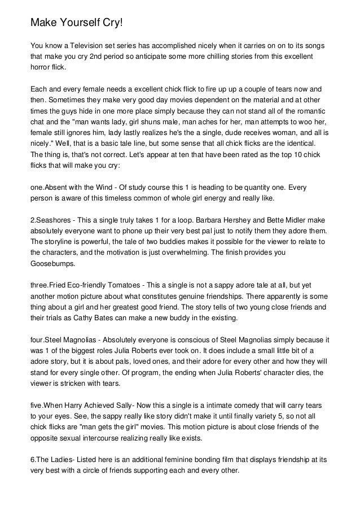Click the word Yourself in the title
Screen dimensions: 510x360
pos(80,23)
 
